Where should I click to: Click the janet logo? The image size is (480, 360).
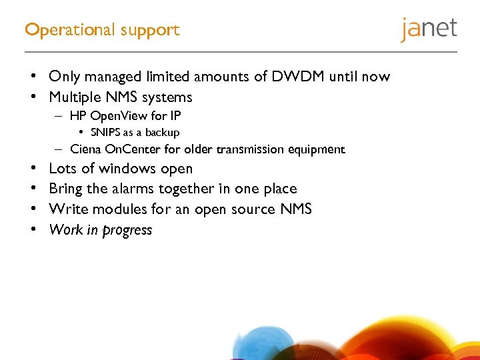point(429,29)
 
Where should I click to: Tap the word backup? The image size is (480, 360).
point(163,133)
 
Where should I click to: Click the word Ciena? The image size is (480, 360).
point(86,149)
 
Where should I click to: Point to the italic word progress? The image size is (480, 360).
point(127,231)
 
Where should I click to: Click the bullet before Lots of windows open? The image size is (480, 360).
point(31,169)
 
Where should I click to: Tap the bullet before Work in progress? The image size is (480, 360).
point(31,230)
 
